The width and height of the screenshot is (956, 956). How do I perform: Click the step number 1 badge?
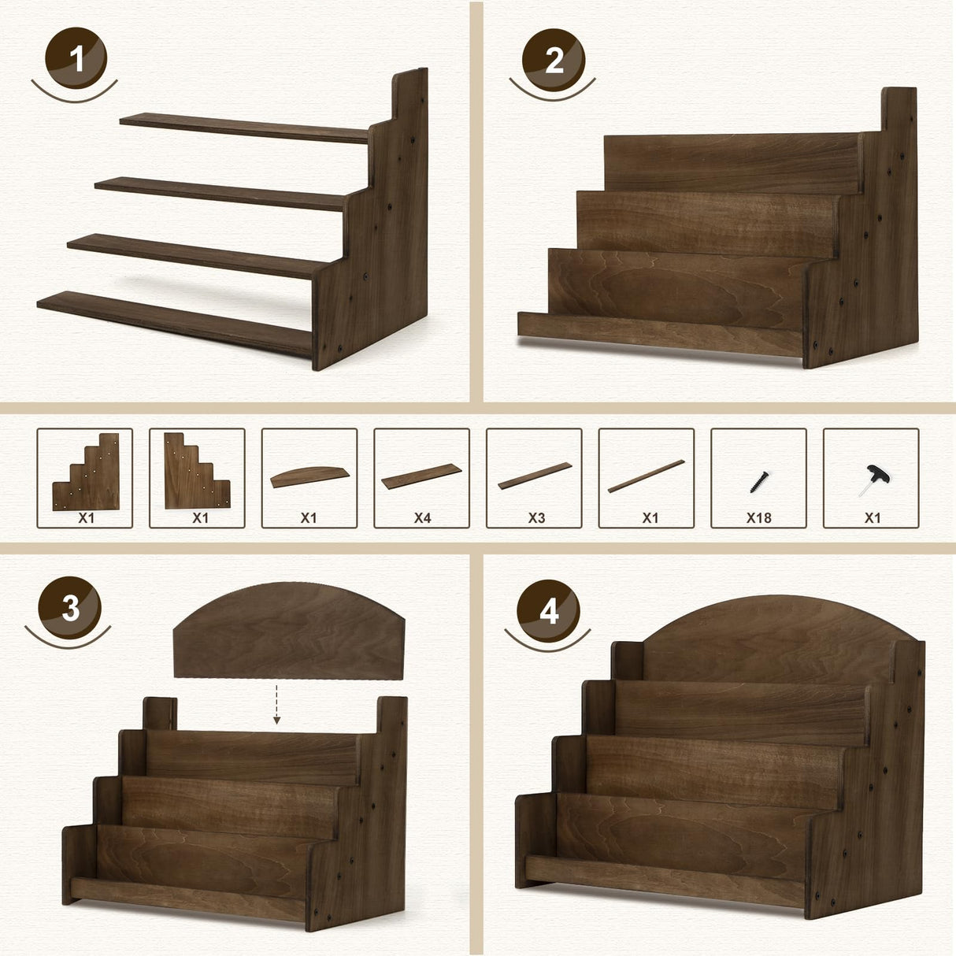(x=76, y=58)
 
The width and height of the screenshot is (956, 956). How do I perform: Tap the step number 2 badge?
(x=553, y=60)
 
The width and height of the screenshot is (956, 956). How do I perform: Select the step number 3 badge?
(x=69, y=608)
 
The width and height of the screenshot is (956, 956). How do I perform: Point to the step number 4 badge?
(x=548, y=611)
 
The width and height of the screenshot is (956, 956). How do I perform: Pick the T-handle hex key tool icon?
(x=873, y=480)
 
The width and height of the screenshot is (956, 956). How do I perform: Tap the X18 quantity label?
(x=758, y=518)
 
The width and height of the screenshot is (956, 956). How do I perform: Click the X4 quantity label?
(x=422, y=518)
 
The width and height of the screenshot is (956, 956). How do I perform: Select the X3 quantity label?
(x=536, y=518)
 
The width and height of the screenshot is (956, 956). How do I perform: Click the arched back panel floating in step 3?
(x=289, y=631)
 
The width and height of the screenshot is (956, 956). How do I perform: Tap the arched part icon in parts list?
(x=309, y=476)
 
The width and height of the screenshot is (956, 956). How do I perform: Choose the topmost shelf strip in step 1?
(x=244, y=128)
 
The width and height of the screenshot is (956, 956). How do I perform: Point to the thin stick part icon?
(x=646, y=476)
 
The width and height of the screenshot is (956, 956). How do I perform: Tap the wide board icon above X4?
(x=421, y=476)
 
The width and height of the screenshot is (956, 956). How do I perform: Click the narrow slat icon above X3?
(x=535, y=476)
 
